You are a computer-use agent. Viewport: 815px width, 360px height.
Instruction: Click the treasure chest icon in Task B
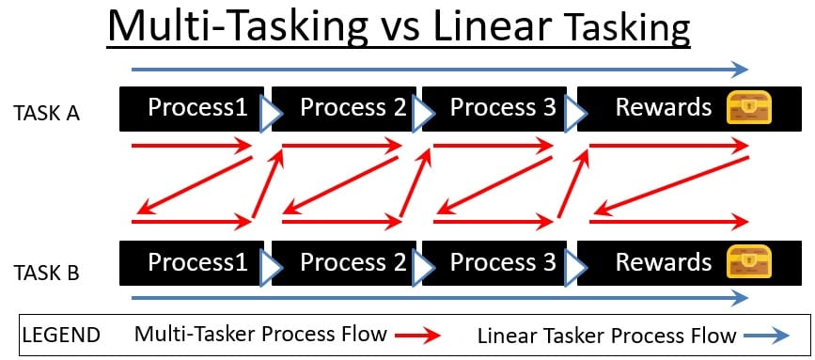(749, 262)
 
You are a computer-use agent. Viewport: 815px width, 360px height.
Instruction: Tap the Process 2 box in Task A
(343, 109)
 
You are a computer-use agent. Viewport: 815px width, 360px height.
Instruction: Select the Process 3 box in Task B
(494, 263)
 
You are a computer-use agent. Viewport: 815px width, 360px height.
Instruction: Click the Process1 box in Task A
(192, 109)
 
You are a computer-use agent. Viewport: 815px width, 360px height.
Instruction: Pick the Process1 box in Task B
(192, 263)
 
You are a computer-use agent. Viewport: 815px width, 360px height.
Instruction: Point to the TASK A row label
(47, 113)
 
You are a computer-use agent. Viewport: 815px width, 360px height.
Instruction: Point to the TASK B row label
(47, 273)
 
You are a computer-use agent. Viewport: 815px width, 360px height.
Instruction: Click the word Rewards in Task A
(664, 107)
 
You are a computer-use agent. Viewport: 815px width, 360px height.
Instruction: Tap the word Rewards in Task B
(664, 262)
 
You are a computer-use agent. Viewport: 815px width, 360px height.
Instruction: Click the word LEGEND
(61, 335)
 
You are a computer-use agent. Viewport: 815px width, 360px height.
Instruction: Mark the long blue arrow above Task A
(440, 70)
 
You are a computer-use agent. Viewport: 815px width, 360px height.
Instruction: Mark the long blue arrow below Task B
(440, 298)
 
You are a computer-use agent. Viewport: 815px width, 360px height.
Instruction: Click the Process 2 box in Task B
(343, 263)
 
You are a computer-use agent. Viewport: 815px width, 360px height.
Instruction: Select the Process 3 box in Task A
(494, 109)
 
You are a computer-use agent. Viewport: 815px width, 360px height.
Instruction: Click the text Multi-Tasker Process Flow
(260, 334)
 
